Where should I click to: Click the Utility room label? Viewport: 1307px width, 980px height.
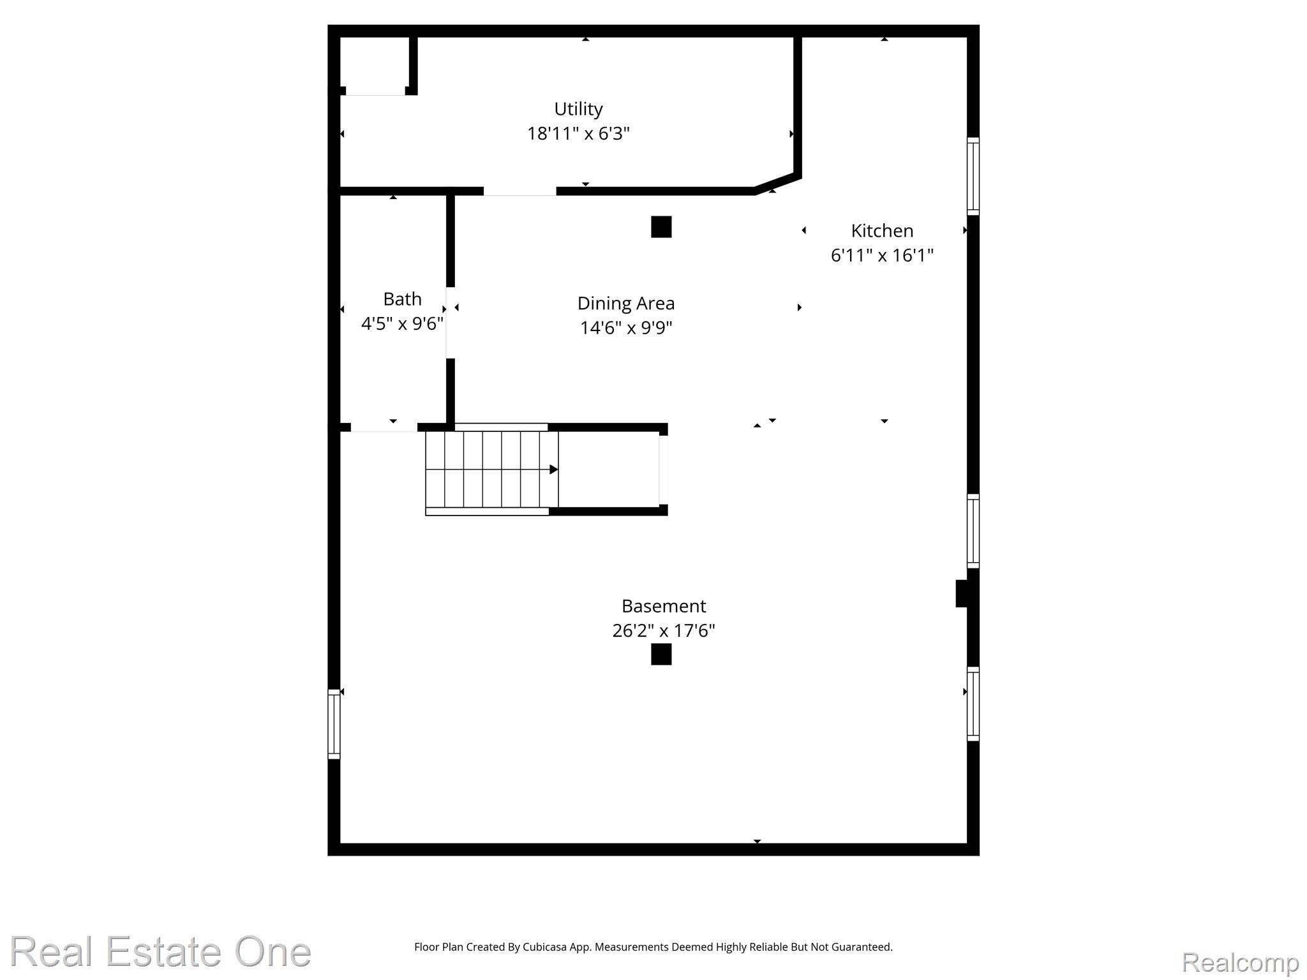click(x=578, y=109)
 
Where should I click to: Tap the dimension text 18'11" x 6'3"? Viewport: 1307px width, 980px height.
click(x=578, y=134)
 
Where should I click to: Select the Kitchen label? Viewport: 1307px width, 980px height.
click(x=882, y=231)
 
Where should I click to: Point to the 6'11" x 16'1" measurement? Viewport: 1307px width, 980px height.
click(x=882, y=256)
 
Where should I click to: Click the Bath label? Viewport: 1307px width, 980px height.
click(x=402, y=299)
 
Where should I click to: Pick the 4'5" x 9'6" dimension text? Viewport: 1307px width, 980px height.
click(x=402, y=324)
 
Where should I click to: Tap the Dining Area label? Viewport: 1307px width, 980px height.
click(x=626, y=303)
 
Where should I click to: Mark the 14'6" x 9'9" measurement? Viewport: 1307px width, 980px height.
click(x=626, y=328)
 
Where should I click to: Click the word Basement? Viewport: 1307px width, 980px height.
click(x=664, y=606)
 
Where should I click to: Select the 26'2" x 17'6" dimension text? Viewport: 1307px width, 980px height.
click(x=664, y=631)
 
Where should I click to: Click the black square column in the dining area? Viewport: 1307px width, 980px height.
click(x=661, y=227)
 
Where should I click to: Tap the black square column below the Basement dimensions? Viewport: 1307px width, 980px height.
click(x=661, y=655)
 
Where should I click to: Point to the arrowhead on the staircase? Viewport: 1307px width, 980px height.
click(x=553, y=470)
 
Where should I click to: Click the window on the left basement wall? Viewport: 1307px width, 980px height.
click(x=334, y=724)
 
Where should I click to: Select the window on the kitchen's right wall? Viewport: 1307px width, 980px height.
click(x=973, y=176)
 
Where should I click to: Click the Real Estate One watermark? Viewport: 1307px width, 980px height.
click(x=161, y=952)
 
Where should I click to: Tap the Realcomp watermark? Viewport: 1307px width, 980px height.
click(x=1240, y=962)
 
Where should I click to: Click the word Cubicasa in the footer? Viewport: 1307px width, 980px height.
click(x=545, y=947)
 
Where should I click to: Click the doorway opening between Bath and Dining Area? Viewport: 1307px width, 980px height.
click(x=450, y=323)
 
